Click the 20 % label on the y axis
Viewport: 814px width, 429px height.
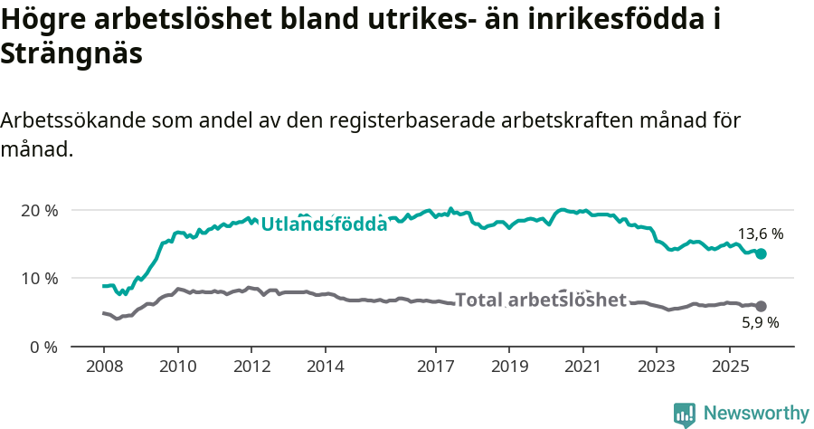pos(40,210)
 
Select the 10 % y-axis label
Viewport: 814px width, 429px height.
pos(40,278)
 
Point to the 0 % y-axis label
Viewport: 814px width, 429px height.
pos(43,347)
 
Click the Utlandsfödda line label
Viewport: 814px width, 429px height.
pos(324,224)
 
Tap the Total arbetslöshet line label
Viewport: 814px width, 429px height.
pos(540,300)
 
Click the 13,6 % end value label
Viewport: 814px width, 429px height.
pos(761,234)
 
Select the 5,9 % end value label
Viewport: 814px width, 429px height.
pos(761,322)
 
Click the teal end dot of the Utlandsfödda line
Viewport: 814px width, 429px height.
pos(761,254)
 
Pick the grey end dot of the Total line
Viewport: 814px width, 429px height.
pos(761,307)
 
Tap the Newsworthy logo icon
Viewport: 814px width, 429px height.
pos(685,414)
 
